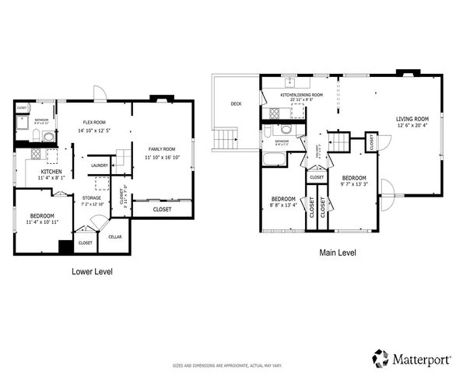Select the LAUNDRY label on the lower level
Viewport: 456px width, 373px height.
pos(99,166)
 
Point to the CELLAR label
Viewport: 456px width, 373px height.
pos(114,236)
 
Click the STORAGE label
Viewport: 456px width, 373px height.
pos(92,198)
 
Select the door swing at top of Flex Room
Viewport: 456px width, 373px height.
pos(100,93)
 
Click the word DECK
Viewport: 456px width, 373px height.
pos(236,103)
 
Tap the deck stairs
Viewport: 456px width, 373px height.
pos(224,139)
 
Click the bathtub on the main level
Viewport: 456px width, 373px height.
pos(275,159)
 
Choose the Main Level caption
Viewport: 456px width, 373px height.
pos(338,253)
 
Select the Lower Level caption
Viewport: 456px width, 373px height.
pos(92,272)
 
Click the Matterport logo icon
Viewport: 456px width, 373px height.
pos(381,358)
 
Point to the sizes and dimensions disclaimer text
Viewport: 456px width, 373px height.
pos(227,364)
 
